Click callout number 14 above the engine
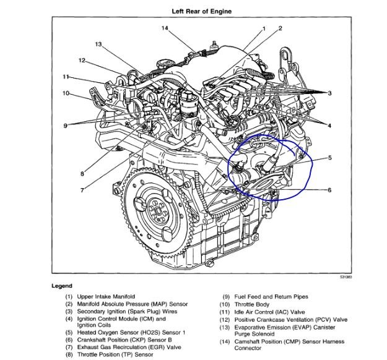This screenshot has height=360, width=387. [165, 28]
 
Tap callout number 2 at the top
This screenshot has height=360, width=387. [280, 28]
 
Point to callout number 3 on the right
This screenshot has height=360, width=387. [329, 93]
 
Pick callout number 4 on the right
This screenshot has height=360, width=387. [329, 126]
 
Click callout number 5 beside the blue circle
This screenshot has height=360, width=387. [329, 158]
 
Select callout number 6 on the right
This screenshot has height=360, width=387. [329, 190]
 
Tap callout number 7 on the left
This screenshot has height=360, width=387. [82, 190]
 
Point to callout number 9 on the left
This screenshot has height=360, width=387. [65, 126]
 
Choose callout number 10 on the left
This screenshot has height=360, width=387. [66, 93]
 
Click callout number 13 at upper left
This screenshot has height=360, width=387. [98, 45]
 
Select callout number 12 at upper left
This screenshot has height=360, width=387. [82, 60]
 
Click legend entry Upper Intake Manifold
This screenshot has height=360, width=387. [106, 297]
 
